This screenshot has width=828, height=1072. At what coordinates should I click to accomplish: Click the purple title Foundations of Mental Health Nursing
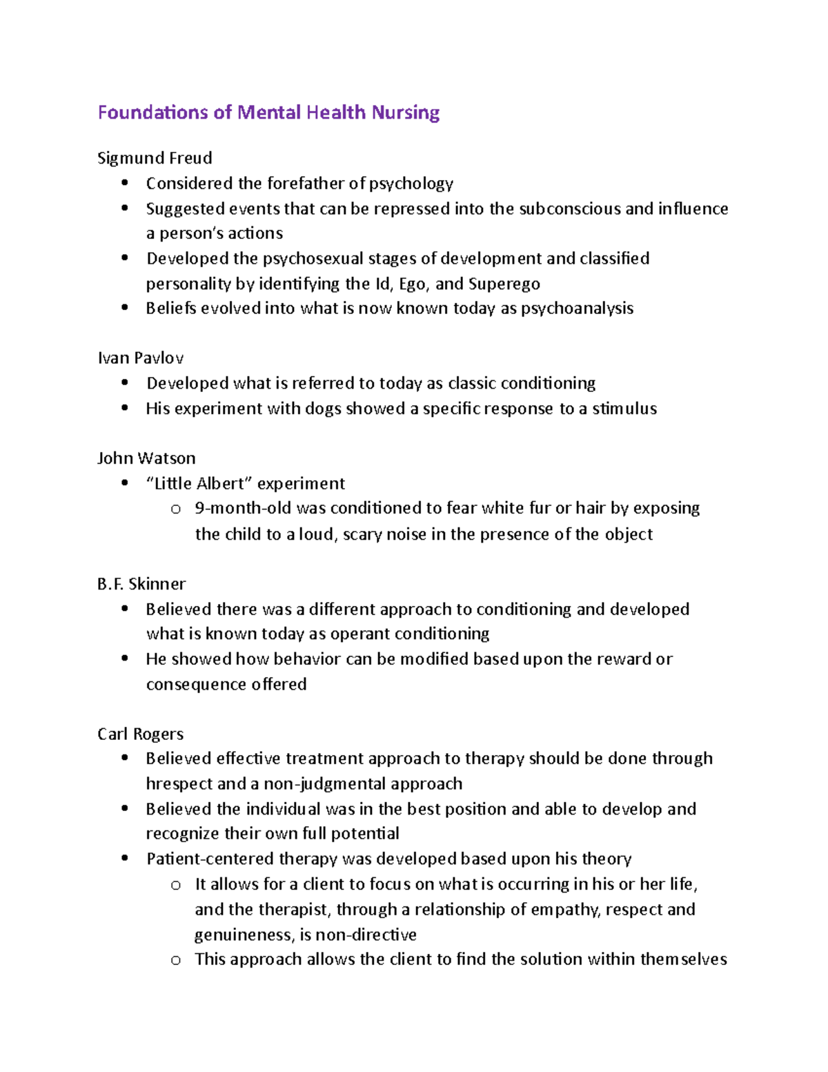268,113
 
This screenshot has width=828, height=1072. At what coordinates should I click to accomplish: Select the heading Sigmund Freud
155,158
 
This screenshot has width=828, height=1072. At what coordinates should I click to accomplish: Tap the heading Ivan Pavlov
140,358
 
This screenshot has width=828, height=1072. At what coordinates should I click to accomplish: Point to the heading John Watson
146,458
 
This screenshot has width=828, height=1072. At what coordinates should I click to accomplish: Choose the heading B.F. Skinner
141,584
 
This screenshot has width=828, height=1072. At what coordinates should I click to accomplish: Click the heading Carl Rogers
140,734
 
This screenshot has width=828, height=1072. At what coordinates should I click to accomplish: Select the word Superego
504,284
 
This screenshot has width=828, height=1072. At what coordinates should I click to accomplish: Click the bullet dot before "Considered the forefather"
124,183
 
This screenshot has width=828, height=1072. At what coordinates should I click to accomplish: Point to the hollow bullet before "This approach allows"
175,960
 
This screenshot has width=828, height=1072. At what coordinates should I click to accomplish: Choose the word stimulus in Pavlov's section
624,409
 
